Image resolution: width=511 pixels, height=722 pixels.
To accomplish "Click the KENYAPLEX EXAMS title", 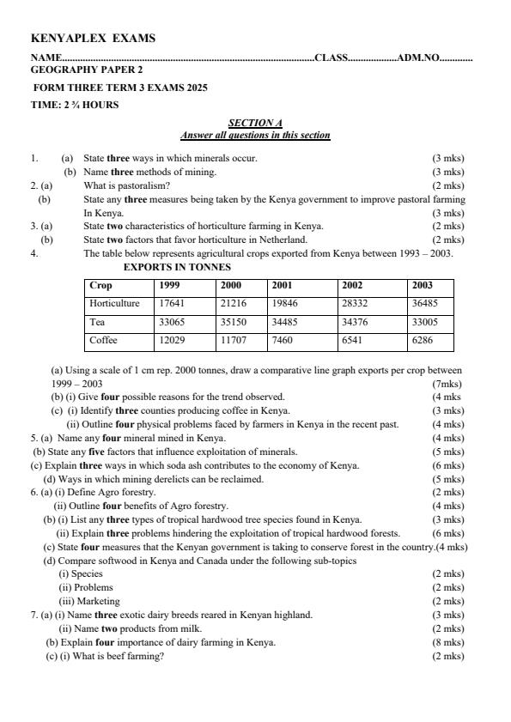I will [x=93, y=39].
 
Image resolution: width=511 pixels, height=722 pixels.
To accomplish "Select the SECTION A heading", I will [x=255, y=124].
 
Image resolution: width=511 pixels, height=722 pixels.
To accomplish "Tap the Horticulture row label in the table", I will [x=114, y=303].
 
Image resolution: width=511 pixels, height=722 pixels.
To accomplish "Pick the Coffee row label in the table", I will [x=103, y=340].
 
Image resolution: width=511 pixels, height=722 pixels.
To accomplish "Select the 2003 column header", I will [x=423, y=285].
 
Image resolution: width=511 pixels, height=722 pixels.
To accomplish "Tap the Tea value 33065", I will [x=172, y=322].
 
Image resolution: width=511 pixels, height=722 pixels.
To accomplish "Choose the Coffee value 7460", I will [x=283, y=340].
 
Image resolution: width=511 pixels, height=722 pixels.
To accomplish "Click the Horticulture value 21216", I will [x=234, y=303].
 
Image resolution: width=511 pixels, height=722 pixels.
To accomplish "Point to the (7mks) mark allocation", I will [x=447, y=384].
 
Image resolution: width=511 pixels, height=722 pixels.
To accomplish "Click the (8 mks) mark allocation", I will [x=447, y=642].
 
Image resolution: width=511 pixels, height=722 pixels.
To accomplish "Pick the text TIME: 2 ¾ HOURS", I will [x=75, y=105].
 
